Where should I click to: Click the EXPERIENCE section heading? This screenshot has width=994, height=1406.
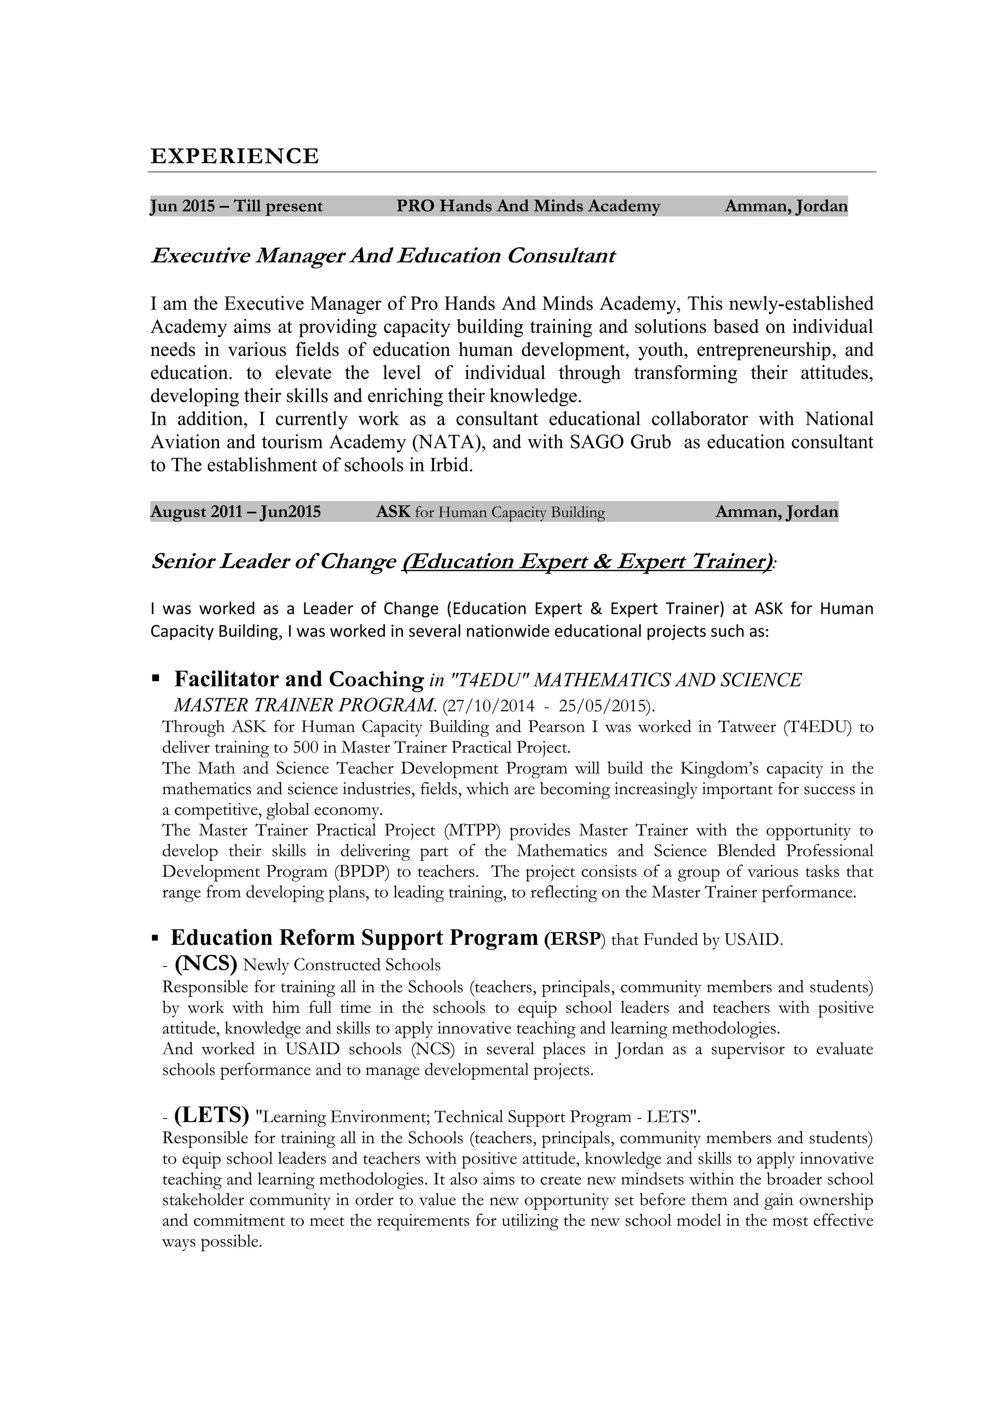[234, 156]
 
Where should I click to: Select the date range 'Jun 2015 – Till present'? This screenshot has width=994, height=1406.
[236, 206]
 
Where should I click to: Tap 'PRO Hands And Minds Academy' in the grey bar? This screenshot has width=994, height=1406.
[528, 206]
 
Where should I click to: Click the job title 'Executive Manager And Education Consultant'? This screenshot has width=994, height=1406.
[382, 255]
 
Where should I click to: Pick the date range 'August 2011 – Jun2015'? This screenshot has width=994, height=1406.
[236, 512]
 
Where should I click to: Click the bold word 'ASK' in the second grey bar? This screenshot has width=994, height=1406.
[392, 512]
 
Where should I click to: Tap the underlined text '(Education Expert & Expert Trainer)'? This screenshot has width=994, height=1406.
[586, 562]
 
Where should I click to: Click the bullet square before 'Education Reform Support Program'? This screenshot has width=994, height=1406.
[155, 937]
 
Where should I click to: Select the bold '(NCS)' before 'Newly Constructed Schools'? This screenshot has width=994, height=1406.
[206, 964]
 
